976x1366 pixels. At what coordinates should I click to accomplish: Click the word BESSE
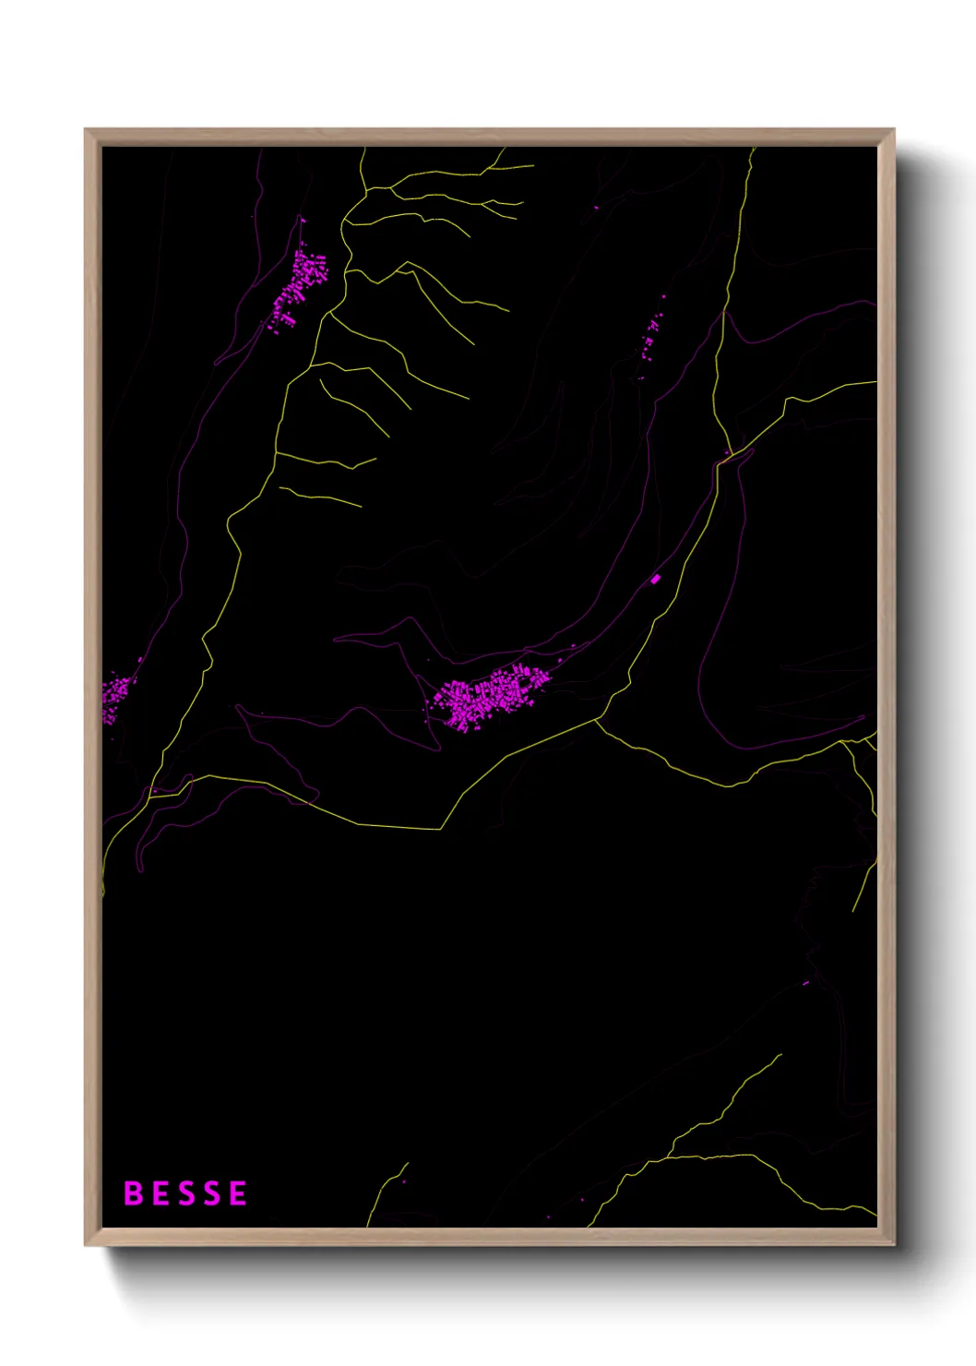pyautogui.click(x=185, y=1193)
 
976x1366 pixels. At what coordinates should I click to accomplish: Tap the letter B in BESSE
pyautogui.click(x=133, y=1193)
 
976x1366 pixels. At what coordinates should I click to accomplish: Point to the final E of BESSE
pyautogui.click(x=238, y=1193)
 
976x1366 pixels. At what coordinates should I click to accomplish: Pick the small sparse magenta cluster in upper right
pyautogui.click(x=649, y=337)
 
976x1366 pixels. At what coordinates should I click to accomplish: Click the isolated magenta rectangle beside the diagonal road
pyautogui.click(x=656, y=579)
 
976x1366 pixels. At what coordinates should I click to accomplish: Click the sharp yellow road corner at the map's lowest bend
pyautogui.click(x=441, y=829)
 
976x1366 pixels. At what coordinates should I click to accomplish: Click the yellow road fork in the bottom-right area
pyautogui.click(x=671, y=1156)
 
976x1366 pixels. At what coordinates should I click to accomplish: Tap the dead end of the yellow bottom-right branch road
pyautogui.click(x=780, y=1055)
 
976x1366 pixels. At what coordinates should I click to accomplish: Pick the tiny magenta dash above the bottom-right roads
pyautogui.click(x=805, y=983)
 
